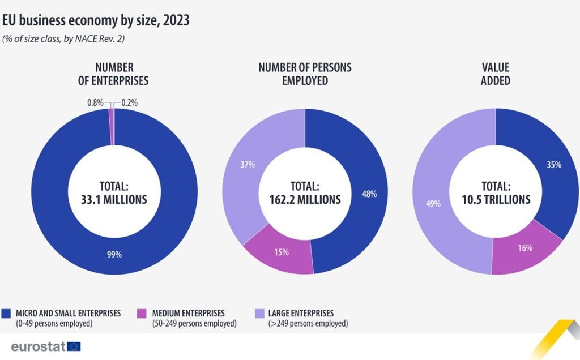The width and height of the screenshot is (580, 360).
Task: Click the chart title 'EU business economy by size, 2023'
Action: pyautogui.click(x=96, y=21)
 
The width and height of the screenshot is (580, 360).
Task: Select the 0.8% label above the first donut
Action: pyautogui.click(x=95, y=103)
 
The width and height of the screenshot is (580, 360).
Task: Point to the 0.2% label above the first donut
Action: pyautogui.click(x=130, y=103)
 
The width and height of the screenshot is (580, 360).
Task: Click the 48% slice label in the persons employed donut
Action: pyautogui.click(x=369, y=194)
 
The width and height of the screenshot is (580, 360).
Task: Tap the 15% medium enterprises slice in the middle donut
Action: pyautogui.click(x=282, y=252)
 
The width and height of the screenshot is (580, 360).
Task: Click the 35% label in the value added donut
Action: pyautogui.click(x=554, y=165)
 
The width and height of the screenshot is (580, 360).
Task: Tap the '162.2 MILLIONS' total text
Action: pyautogui.click(x=305, y=199)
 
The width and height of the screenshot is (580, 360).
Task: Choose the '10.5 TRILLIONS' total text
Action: pyautogui.click(x=496, y=199)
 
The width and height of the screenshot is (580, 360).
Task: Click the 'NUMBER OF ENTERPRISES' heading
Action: pyautogui.click(x=113, y=74)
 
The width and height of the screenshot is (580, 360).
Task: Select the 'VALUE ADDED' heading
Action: pyautogui.click(x=496, y=74)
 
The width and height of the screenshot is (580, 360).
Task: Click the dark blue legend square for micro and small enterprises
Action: pyautogui.click(x=7, y=313)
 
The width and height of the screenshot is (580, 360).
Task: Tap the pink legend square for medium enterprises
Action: pyautogui.click(x=142, y=313)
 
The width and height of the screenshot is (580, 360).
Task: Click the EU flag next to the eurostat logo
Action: pyautogui.click(x=74, y=346)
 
